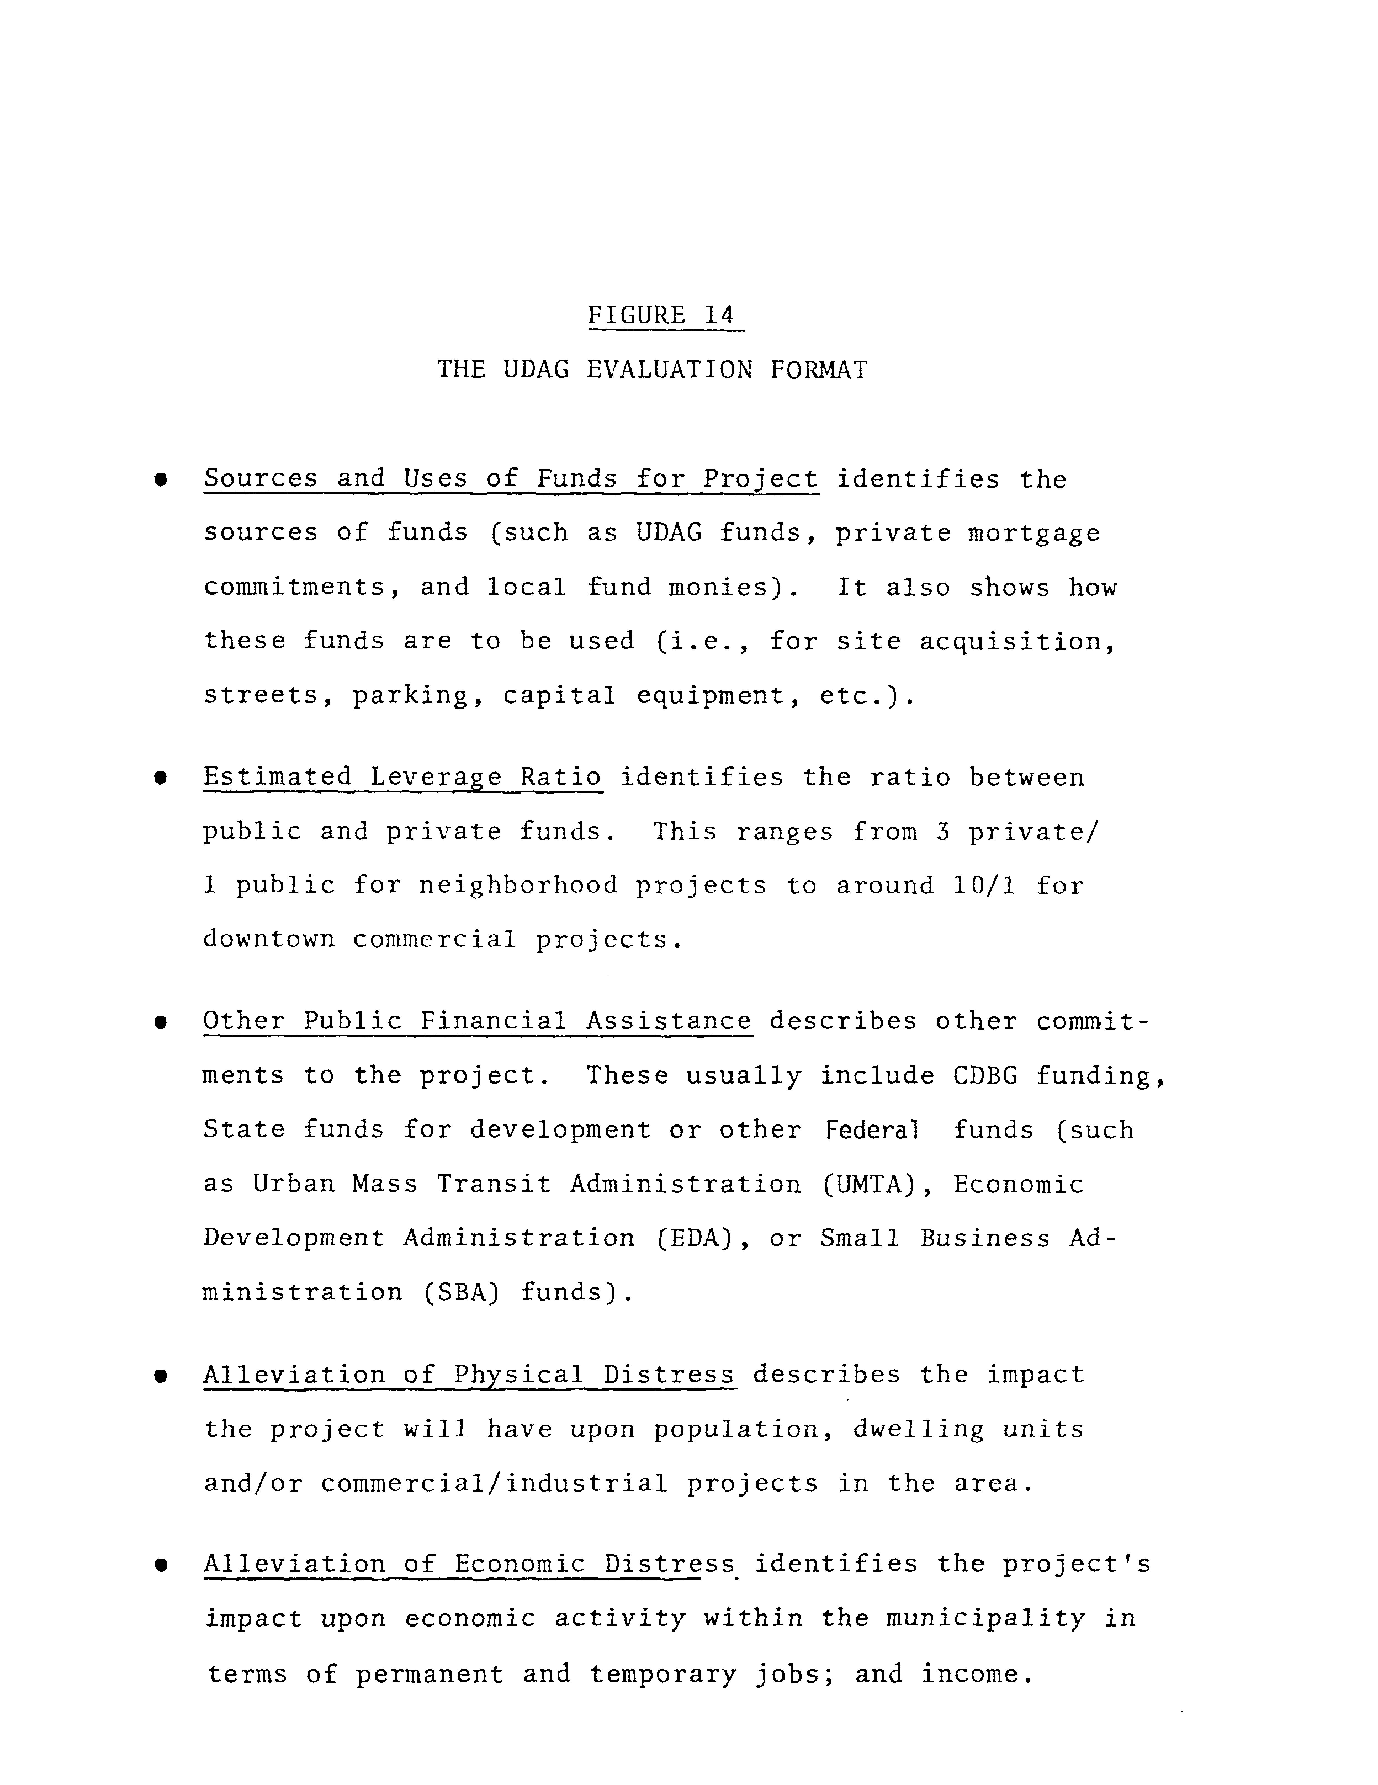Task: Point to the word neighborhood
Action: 518,886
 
